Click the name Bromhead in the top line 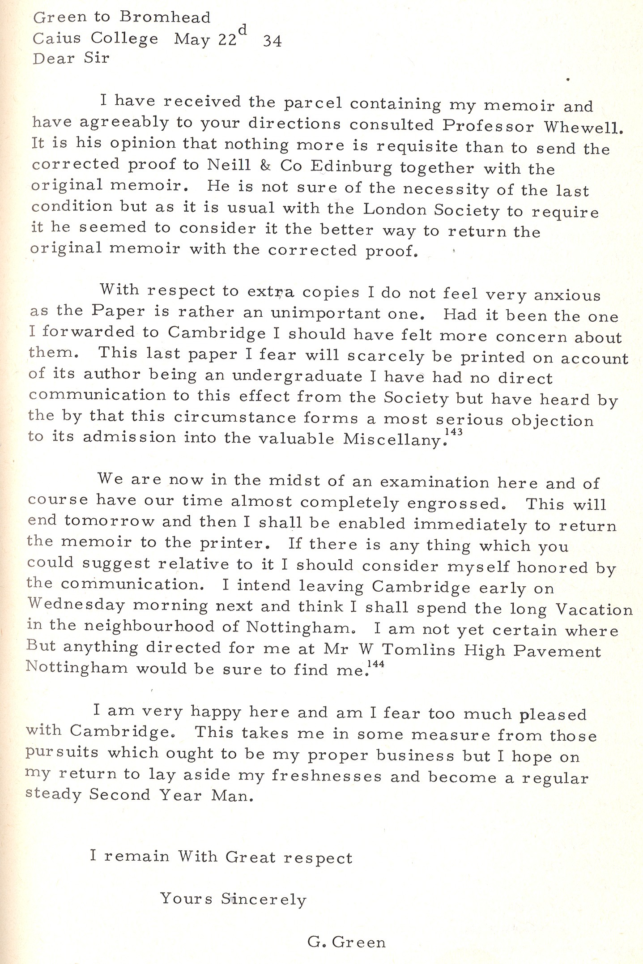165,17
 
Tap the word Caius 57,38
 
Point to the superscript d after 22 242,30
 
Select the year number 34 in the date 273,41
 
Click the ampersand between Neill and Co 265,166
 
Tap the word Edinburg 351,167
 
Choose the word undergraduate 297,376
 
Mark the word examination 434,482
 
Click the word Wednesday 76,605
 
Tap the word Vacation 594,609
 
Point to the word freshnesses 327,776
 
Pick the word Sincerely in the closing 264,900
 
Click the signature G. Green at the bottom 346,943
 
